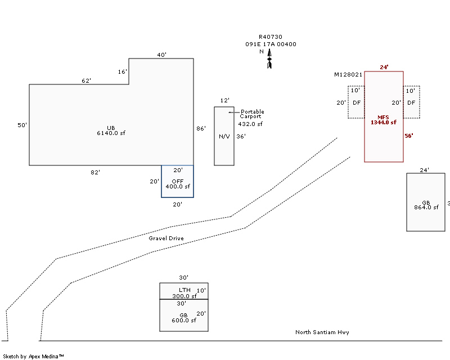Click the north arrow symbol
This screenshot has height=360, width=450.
coord(269,59)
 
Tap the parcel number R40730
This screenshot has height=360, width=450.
coord(271,37)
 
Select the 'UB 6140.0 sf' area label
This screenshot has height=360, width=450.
coord(111,130)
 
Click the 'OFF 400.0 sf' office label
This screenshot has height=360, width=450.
coord(178,184)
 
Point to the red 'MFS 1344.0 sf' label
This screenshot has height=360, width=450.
coord(384,120)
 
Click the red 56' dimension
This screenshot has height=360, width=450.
coord(409,136)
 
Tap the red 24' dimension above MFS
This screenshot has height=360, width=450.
coord(384,67)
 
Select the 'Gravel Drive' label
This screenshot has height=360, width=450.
coord(166,238)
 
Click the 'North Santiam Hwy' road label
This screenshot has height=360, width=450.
coord(322,332)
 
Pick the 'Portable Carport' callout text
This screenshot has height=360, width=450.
coord(251,114)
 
